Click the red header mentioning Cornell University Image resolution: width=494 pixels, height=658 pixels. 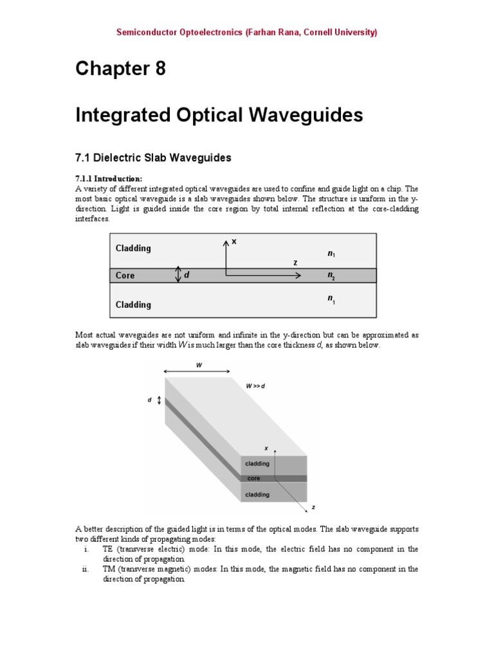(x=247, y=32)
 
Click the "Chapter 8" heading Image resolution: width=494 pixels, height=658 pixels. (x=120, y=68)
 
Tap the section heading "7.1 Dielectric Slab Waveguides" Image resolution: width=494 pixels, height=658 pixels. (x=153, y=157)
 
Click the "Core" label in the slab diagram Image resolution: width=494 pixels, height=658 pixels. (x=125, y=276)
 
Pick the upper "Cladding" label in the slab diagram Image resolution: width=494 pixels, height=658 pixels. (x=133, y=248)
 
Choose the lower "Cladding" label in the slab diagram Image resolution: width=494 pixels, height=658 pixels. (x=133, y=305)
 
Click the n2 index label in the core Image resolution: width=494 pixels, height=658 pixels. (x=331, y=276)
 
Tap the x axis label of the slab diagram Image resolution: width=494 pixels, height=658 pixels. (x=234, y=242)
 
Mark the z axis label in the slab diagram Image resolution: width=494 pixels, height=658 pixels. (x=295, y=263)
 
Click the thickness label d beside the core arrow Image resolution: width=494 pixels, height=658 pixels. (x=187, y=275)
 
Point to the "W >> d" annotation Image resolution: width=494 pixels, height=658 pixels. (x=255, y=386)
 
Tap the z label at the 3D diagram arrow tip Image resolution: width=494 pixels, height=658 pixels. (x=313, y=508)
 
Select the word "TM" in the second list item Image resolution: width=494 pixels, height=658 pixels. (x=109, y=569)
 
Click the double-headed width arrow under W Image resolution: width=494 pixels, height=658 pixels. (x=197, y=371)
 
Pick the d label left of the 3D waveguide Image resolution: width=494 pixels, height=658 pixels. (x=149, y=400)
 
